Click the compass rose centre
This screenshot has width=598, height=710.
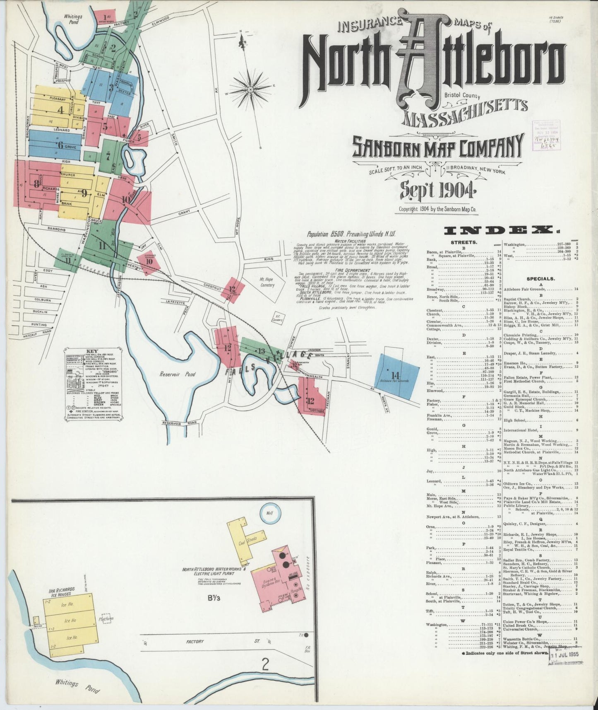[x=251, y=89]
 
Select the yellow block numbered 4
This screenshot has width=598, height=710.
[x=61, y=110]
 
